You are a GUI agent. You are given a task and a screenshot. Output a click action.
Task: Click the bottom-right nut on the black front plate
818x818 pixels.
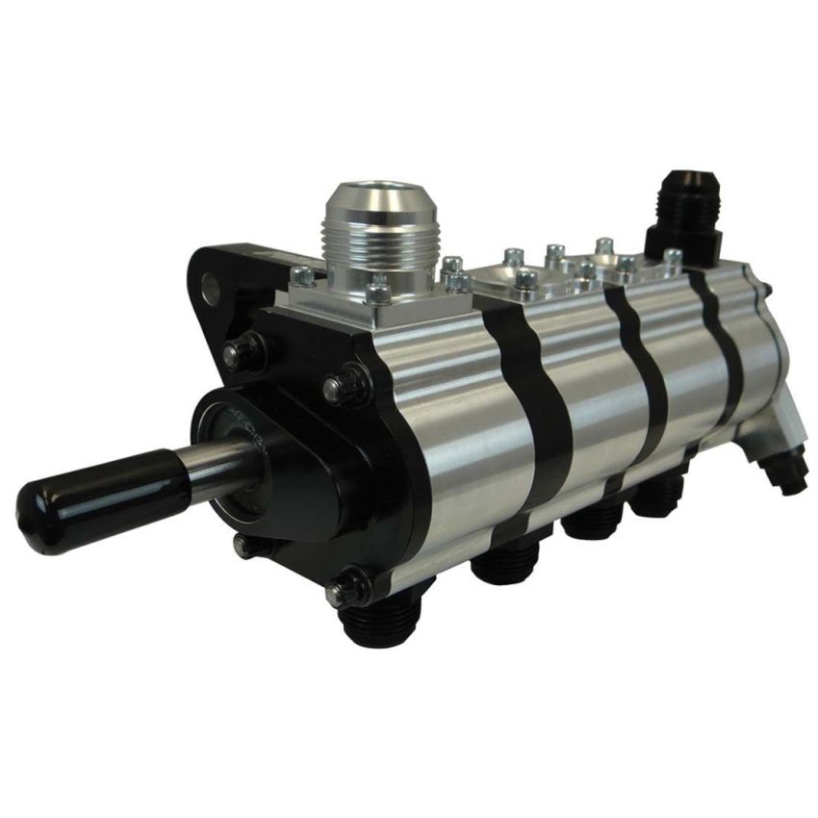348,589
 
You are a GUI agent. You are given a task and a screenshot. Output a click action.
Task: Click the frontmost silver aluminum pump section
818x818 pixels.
452,423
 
